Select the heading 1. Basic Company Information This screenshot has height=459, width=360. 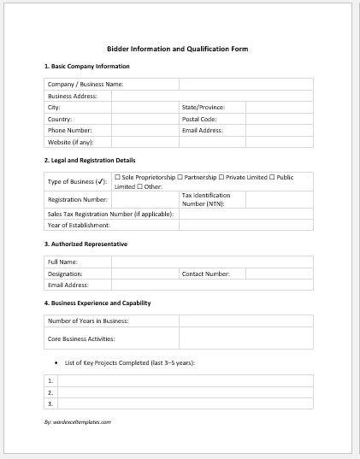tap(86, 66)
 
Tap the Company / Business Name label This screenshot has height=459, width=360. tap(86, 85)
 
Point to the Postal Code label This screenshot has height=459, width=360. tap(199, 119)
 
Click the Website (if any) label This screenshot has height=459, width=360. tap(70, 142)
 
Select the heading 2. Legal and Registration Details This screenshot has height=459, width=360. tap(89, 160)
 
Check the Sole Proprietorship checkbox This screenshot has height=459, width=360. tap(117, 177)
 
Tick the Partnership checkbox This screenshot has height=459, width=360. tap(180, 177)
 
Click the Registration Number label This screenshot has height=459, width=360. tap(77, 199)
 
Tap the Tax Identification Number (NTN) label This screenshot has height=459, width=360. tap(206, 199)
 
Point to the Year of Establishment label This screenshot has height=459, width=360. tap(79, 225)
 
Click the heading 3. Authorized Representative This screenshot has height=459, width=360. tap(86, 244)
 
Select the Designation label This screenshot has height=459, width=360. tap(65, 274)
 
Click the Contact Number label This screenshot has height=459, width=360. tap(205, 274)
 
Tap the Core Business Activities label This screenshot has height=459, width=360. tap(81, 338)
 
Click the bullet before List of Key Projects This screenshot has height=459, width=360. tap(56, 363)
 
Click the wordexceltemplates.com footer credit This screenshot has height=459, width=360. tap(78, 421)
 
